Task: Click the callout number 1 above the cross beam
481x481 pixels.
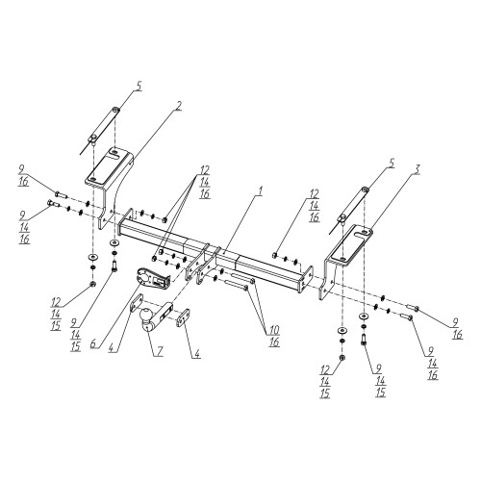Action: click(x=260, y=191)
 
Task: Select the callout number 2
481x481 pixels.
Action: click(x=178, y=106)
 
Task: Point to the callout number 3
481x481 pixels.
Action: click(x=416, y=169)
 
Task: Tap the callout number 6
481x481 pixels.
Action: click(x=93, y=343)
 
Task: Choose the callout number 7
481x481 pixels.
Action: click(x=160, y=351)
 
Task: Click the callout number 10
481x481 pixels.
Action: click(x=274, y=330)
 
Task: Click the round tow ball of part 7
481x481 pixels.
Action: click(x=146, y=315)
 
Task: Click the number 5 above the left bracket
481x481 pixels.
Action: click(x=139, y=87)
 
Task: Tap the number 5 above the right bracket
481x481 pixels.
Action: click(x=392, y=163)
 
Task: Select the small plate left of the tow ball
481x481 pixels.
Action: click(x=137, y=302)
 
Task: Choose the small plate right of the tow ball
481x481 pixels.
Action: click(x=183, y=317)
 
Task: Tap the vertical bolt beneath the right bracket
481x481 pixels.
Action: click(x=364, y=340)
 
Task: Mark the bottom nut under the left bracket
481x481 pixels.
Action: click(x=92, y=283)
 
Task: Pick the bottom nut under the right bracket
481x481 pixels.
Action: click(x=342, y=358)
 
